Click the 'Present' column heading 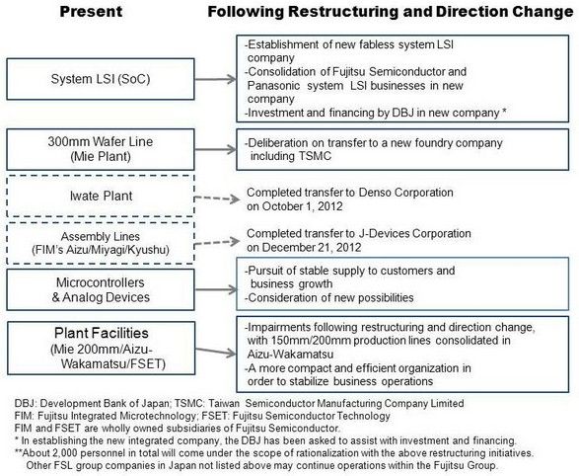pyautogui.click(x=91, y=12)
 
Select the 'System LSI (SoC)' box pyautogui.click(x=101, y=79)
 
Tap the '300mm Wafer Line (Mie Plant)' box pyautogui.click(x=101, y=149)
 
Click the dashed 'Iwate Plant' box pyautogui.click(x=101, y=196)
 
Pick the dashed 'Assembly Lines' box pyautogui.click(x=101, y=243)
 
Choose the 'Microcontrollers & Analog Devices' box pyautogui.click(x=101, y=289)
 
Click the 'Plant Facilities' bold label pyautogui.click(x=102, y=334)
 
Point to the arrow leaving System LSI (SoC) pyautogui.click(x=216, y=79)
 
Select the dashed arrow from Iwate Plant pyautogui.click(x=217, y=198)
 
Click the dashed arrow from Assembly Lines pyautogui.click(x=217, y=242)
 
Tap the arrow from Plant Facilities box pyautogui.click(x=216, y=352)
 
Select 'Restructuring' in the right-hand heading pyautogui.click(x=343, y=12)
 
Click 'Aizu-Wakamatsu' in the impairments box pyautogui.click(x=290, y=355)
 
